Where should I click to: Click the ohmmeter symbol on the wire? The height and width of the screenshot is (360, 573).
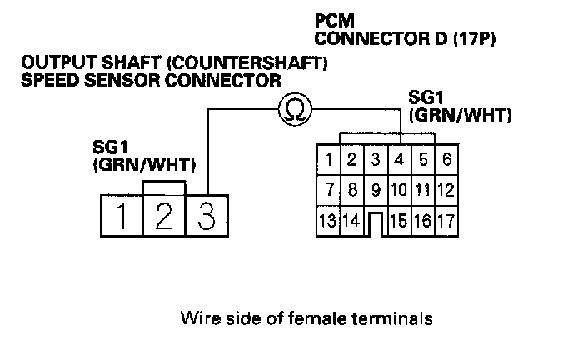[292, 108]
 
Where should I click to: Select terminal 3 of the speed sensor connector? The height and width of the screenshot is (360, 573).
[206, 215]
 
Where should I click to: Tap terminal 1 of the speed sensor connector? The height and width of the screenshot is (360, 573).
[122, 215]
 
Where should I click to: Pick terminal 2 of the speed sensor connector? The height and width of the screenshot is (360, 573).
[164, 215]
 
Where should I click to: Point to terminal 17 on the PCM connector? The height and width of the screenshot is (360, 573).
[446, 222]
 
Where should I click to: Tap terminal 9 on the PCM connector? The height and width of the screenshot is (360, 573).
[376, 191]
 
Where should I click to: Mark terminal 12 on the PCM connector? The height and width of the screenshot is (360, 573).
[446, 191]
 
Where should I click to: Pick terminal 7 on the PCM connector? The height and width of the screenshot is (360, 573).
[330, 191]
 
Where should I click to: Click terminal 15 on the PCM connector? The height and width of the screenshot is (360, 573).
[400, 222]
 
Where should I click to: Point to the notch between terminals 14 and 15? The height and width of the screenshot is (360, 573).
[376, 224]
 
